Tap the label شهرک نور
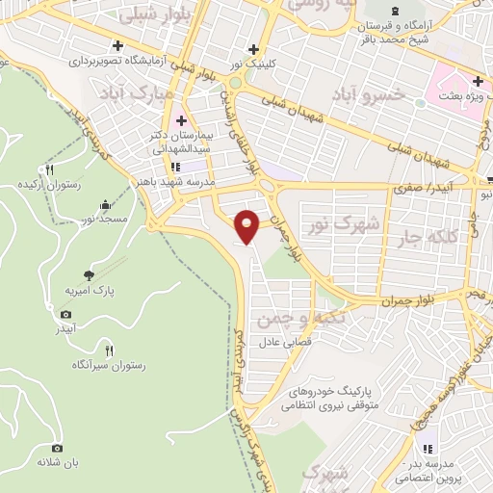[328, 224]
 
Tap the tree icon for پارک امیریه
[90, 274]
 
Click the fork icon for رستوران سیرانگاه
[108, 350]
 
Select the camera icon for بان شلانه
[57, 448]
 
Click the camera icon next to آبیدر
[65, 315]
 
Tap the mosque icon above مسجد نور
[105, 205]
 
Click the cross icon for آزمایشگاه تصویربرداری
[117, 45]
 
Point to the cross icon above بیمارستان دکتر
[181, 120]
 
